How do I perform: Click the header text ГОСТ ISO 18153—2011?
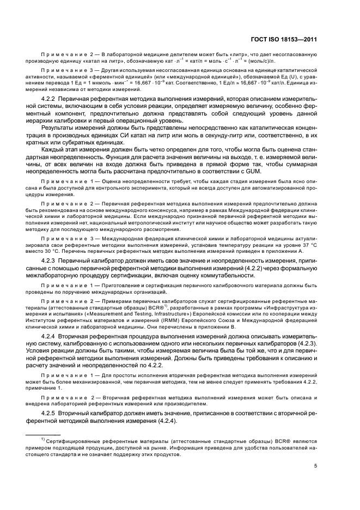click(289, 38)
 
